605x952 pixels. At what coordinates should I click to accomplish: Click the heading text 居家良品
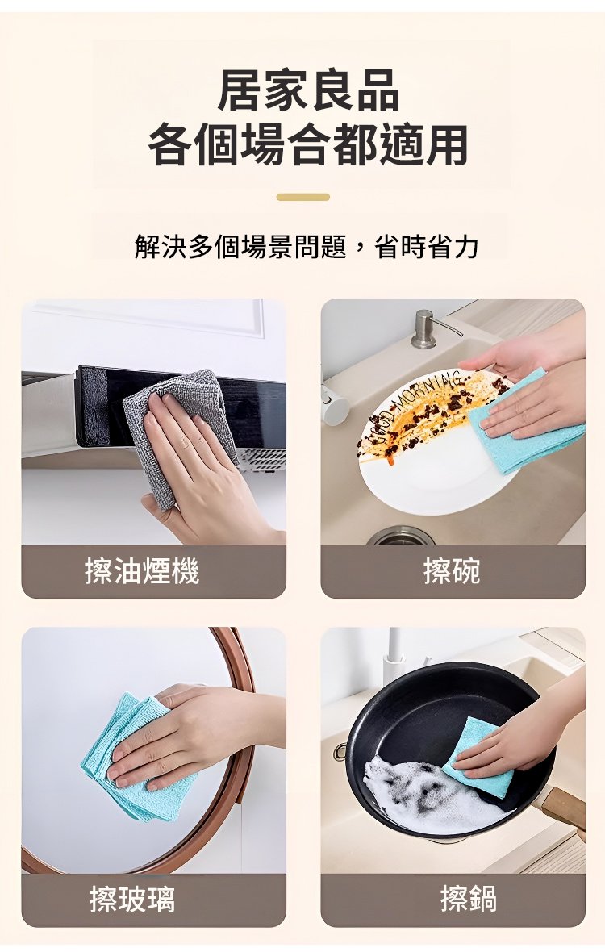[x=308, y=90]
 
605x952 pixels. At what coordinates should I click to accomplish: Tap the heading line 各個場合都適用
[x=307, y=144]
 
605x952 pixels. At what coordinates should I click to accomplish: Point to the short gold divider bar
[x=302, y=197]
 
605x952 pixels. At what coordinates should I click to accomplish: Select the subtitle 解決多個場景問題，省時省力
[x=307, y=247]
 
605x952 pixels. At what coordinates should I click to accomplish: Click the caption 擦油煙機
[x=142, y=571]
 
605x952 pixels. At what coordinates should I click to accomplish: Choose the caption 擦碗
[x=452, y=571]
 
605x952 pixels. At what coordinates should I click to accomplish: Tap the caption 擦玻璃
[x=132, y=900]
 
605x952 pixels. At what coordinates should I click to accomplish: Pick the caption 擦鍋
[x=469, y=900]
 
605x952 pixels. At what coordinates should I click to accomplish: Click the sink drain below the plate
[x=400, y=537]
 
